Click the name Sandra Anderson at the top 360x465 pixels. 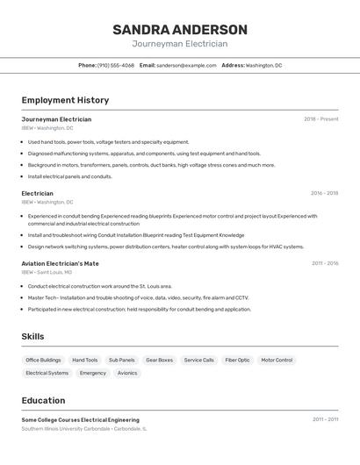tap(180, 30)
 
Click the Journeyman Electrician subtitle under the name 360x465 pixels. tap(180, 44)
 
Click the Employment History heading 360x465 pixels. tap(65, 101)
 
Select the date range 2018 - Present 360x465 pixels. tap(320, 119)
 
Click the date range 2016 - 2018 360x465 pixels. tap(324, 193)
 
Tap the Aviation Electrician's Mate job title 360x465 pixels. tap(61, 263)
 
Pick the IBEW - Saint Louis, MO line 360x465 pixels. tap(47, 272)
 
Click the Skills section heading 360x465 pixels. tap(33, 336)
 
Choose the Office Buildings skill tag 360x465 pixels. tap(43, 360)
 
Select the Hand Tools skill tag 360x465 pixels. tap(85, 360)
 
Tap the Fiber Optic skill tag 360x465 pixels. tap(237, 360)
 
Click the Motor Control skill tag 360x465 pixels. tap(277, 360)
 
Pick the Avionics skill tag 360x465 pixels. tap(127, 373)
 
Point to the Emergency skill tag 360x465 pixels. tap(93, 373)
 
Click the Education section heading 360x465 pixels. tap(44, 401)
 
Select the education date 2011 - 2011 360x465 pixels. tap(325, 420)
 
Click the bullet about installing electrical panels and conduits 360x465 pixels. tap(70, 176)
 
